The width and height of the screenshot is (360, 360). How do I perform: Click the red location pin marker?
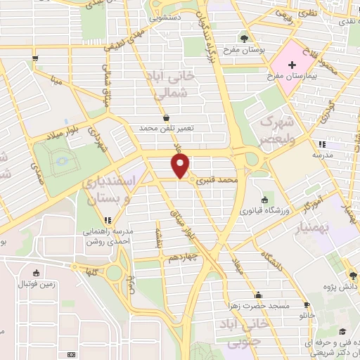[x=181, y=165]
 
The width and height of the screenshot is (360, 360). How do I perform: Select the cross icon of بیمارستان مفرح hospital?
[x=292, y=63]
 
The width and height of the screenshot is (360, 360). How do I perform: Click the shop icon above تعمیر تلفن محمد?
[x=166, y=118]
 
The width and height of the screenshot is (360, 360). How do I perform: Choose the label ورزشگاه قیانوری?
[x=261, y=210]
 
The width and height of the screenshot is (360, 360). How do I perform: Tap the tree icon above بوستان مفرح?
[x=243, y=39]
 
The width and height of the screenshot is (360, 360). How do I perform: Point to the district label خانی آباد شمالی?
[x=165, y=85]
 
